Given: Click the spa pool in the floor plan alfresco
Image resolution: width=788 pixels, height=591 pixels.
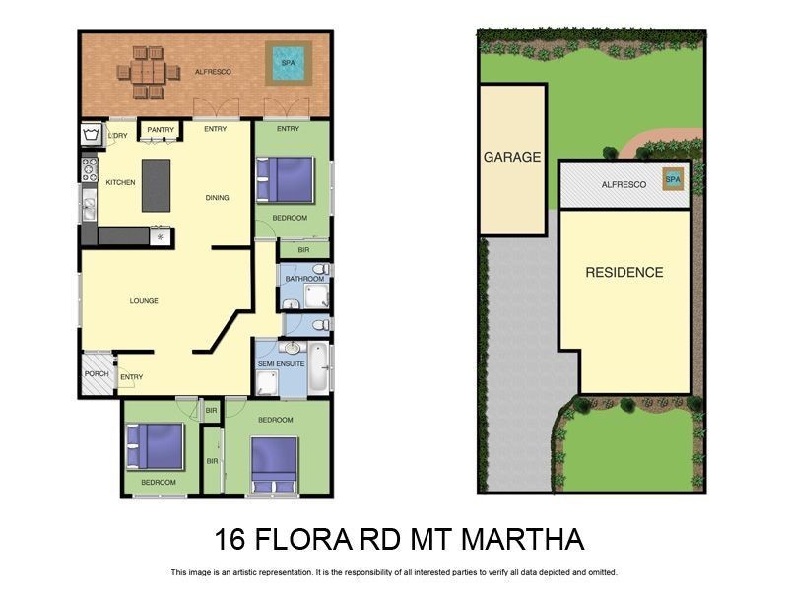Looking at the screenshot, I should pos(288,63).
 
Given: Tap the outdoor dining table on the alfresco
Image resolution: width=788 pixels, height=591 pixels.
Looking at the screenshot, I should pos(149,72).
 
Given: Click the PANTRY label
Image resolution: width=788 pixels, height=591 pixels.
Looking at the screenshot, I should pos(161,129).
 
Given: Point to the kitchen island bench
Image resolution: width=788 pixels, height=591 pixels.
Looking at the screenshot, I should pos(156,184).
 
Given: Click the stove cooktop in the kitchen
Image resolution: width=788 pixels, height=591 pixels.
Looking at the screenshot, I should pos(89,168).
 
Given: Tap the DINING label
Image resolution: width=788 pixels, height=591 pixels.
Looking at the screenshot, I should pos(217,198).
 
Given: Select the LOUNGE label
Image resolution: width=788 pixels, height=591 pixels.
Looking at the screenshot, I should pos(143,300).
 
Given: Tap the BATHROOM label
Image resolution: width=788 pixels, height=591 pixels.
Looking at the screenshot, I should pos(304,279).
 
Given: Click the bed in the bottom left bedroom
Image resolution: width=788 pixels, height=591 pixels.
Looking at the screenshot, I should pos(156,446).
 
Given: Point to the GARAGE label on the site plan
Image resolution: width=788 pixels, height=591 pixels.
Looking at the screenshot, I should pos(512,157).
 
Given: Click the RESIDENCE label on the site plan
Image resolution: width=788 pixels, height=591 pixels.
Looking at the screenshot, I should pos(624,272).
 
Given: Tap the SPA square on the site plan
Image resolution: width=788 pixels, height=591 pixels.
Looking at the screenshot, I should pos(673,179).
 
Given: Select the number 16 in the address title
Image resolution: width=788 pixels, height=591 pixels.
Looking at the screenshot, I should pos(231,540).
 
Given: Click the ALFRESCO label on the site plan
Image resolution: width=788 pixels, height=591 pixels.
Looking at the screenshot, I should pos(624,184).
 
